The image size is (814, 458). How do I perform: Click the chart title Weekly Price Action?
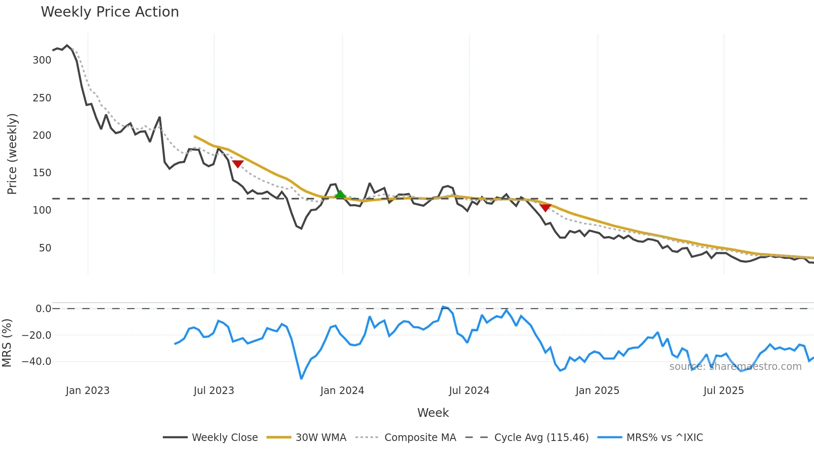tap(110, 12)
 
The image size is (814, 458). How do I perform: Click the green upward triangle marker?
tap(340, 194)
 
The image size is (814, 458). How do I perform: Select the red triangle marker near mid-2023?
tap(238, 164)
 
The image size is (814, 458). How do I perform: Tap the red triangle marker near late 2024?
tap(545, 207)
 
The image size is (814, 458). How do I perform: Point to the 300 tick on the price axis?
tap(42, 60)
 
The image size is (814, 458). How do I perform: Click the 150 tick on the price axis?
tap(42, 173)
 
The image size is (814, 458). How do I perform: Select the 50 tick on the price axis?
tap(45, 248)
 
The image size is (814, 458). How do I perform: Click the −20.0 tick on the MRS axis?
tap(37, 335)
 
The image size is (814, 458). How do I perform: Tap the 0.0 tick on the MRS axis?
tap(43, 309)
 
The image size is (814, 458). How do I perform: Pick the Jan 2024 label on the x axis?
tap(342, 391)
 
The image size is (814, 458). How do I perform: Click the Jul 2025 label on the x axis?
tap(723, 391)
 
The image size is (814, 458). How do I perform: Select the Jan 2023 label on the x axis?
tap(88, 391)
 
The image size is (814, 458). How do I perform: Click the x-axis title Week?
tap(433, 413)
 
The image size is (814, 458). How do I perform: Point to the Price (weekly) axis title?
tap(12, 154)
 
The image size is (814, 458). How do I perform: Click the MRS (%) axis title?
tap(7, 343)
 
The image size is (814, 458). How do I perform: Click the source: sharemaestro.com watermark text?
tap(735, 367)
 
